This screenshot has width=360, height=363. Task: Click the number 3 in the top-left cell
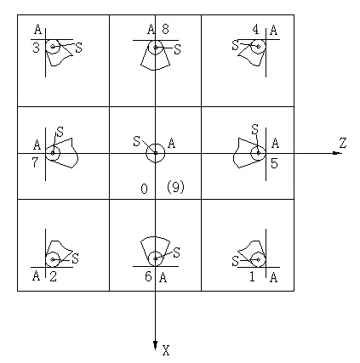point(36,48)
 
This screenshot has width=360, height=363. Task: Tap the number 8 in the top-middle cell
point(165,29)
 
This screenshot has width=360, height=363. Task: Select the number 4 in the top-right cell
point(255,30)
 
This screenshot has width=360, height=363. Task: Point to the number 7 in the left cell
point(35,162)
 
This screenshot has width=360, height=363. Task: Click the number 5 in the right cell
point(274,163)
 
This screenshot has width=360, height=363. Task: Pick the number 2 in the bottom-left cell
point(53,276)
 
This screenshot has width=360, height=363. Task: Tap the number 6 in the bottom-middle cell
point(148,276)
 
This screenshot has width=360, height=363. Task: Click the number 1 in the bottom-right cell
point(252,276)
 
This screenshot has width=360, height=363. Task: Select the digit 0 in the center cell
point(144,189)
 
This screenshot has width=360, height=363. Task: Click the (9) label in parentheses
point(175,187)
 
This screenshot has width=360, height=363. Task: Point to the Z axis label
point(343,143)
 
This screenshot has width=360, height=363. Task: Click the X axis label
point(166,350)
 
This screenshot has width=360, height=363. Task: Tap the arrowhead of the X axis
point(155,345)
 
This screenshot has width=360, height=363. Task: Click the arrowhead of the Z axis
point(337,153)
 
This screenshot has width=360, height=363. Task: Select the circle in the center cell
point(156,144)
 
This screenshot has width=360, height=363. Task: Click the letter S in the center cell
point(137,141)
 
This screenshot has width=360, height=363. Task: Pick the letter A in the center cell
point(172,144)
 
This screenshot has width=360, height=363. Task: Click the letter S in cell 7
point(60,132)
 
